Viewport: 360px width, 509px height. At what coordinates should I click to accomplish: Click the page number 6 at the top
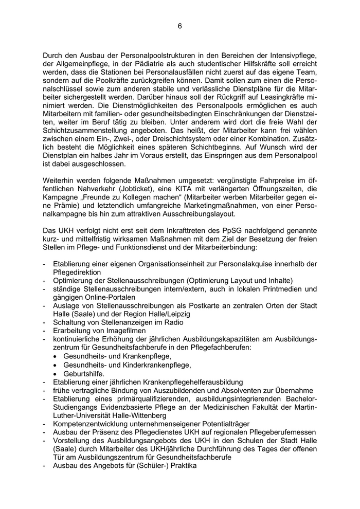tap(180, 26)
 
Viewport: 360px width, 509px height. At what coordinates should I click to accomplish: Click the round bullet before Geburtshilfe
tap(57, 374)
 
